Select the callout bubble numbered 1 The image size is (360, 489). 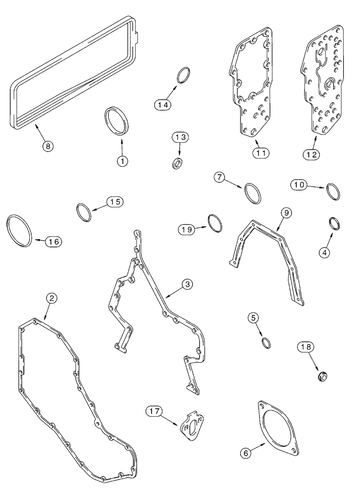click(122, 160)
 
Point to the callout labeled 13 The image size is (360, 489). click(180, 138)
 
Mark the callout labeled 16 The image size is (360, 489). click(54, 241)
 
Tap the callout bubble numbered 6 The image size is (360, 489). click(247, 453)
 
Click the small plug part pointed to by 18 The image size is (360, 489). click(321, 376)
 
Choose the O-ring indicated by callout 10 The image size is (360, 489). click(333, 191)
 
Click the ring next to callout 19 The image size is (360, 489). click(215, 223)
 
